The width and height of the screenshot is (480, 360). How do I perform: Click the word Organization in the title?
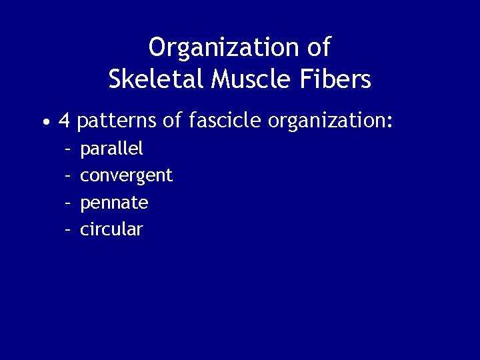click(x=224, y=48)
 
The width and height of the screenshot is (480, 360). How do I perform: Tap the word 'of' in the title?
click(x=319, y=48)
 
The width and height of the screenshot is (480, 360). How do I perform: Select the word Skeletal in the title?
click(x=156, y=80)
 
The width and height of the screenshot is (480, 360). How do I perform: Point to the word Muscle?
click(x=249, y=80)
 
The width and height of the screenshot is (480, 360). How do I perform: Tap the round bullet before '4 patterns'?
click(x=44, y=123)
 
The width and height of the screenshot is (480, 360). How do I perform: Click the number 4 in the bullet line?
click(x=65, y=121)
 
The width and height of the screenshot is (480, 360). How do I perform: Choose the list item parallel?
click(x=111, y=149)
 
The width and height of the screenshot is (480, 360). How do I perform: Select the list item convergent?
click(x=126, y=176)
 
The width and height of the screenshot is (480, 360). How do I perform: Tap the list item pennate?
click(x=114, y=203)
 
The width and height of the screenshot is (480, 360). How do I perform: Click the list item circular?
click(x=111, y=229)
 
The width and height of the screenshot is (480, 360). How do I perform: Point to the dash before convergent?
click(x=67, y=176)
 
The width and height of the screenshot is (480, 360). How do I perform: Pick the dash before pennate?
click(x=67, y=203)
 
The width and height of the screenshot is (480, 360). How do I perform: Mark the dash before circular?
click(x=67, y=229)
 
